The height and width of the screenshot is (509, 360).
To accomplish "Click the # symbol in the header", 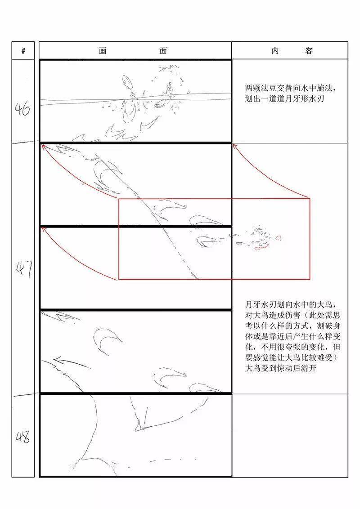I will (23, 51).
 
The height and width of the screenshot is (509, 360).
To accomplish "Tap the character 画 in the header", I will (103, 51).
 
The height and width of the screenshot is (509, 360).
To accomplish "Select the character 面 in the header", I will (163, 51).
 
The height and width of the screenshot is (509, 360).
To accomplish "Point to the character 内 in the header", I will (275, 51).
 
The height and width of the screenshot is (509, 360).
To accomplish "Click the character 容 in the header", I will (309, 51).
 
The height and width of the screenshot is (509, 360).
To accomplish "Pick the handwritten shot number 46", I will (22, 108).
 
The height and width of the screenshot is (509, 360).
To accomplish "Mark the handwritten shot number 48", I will (22, 437).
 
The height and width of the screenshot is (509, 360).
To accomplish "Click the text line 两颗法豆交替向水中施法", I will (290, 88).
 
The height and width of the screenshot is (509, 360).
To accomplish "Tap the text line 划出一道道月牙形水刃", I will (284, 98).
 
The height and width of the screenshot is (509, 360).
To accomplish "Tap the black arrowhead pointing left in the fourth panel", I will (55, 359).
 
